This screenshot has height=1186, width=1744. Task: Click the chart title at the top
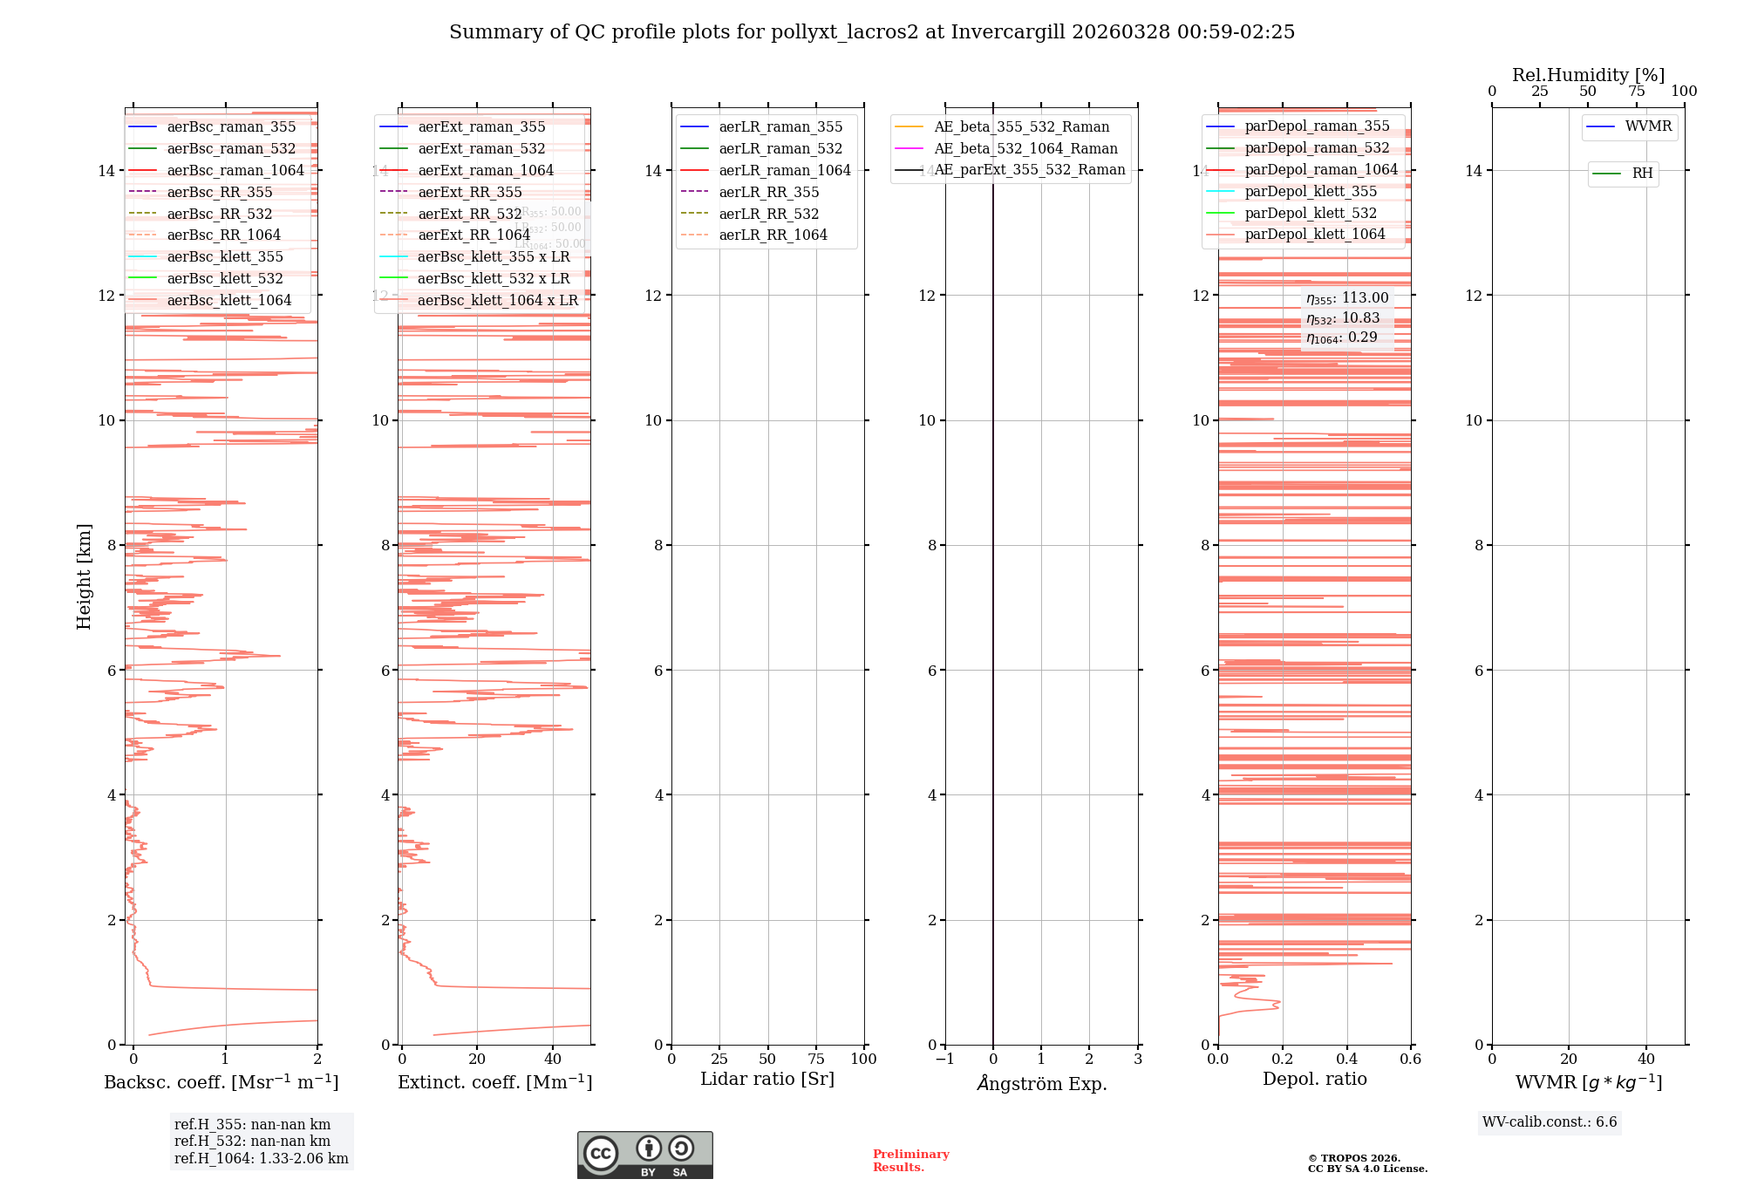click(872, 32)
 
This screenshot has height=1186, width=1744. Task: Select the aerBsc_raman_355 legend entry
click(231, 127)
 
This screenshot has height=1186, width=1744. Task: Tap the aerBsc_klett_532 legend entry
click(225, 279)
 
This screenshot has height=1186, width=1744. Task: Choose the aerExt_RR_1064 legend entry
click(473, 235)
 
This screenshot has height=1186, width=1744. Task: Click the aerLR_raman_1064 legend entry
click(785, 171)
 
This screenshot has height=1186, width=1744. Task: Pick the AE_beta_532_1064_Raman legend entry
click(1025, 149)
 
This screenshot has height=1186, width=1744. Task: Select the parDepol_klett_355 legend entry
click(1311, 192)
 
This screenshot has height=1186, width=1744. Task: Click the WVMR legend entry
click(1648, 127)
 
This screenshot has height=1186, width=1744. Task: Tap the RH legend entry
click(1642, 174)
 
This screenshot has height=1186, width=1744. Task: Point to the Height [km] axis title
click(84, 576)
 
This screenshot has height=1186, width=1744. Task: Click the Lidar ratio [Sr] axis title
click(767, 1080)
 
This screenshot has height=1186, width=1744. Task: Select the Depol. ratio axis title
click(1314, 1080)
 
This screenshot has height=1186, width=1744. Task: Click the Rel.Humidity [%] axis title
click(1588, 75)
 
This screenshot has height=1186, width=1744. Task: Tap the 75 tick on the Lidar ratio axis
click(816, 1060)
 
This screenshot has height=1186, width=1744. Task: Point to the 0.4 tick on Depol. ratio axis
click(1346, 1060)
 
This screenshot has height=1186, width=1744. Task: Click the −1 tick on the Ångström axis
click(944, 1060)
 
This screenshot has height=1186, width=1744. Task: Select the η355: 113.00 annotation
click(1347, 298)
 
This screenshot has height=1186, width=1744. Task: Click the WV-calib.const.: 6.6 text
click(1550, 1122)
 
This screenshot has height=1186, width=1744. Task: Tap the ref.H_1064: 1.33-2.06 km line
click(262, 1159)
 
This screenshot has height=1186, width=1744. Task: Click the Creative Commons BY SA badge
click(644, 1155)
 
